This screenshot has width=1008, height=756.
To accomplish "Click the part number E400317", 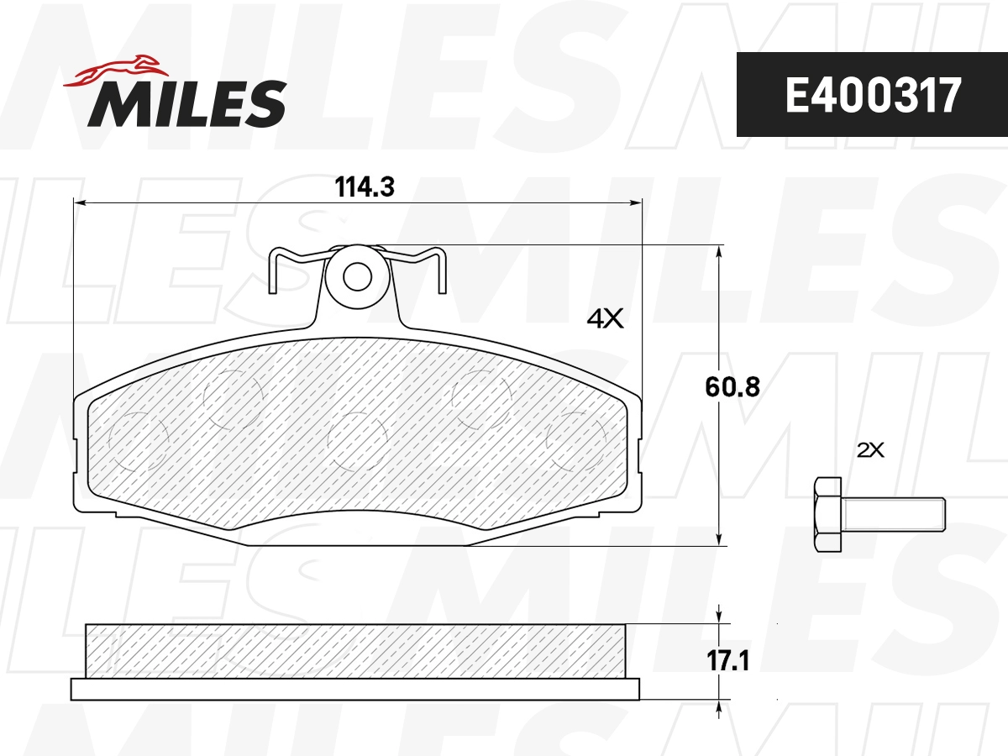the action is pyautogui.click(x=873, y=95).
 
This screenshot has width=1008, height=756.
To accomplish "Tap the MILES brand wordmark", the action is pyautogui.click(x=187, y=103).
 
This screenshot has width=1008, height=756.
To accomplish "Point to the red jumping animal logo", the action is pyautogui.click(x=116, y=71).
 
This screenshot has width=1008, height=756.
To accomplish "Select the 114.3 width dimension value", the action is pyautogui.click(x=365, y=187).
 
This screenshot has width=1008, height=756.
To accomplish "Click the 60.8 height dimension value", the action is pyautogui.click(x=732, y=386).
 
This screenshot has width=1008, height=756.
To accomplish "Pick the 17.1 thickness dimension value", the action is pyautogui.click(x=728, y=661).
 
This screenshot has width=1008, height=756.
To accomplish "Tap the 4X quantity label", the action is pyautogui.click(x=606, y=318).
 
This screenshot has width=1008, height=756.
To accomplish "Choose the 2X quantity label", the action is pyautogui.click(x=870, y=450).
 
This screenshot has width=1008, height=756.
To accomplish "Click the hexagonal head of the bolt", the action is pyautogui.click(x=827, y=515).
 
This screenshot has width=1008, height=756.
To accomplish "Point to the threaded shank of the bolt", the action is pyautogui.click(x=893, y=515).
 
